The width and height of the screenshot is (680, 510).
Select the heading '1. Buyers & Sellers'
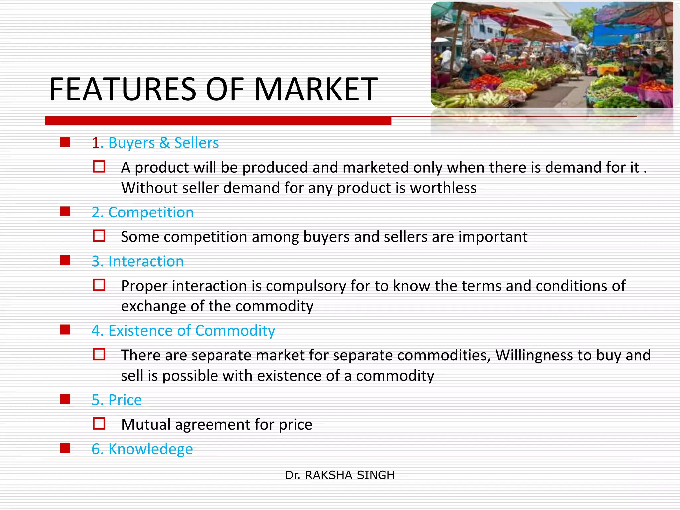pos(155,143)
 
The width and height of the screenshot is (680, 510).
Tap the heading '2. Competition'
pos(142,212)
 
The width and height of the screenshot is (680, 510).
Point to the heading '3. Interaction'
pos(137,261)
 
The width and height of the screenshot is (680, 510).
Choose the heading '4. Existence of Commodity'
pos(183,331)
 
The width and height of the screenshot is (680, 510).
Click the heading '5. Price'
pos(117,400)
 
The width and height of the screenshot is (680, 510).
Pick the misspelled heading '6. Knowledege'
pos(142,449)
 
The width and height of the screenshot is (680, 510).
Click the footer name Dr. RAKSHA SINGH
pos(340,475)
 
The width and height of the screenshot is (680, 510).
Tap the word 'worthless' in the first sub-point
pos(443,188)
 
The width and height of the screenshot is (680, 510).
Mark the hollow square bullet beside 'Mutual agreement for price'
pos(99,424)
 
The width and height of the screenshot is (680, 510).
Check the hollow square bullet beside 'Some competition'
pos(99,236)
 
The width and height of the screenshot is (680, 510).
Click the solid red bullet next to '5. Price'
pos(65,399)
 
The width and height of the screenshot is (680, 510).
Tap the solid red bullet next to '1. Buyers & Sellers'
pos(65,142)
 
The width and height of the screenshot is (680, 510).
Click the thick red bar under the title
pos(218,121)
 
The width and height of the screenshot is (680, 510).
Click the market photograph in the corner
pos(552,55)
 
